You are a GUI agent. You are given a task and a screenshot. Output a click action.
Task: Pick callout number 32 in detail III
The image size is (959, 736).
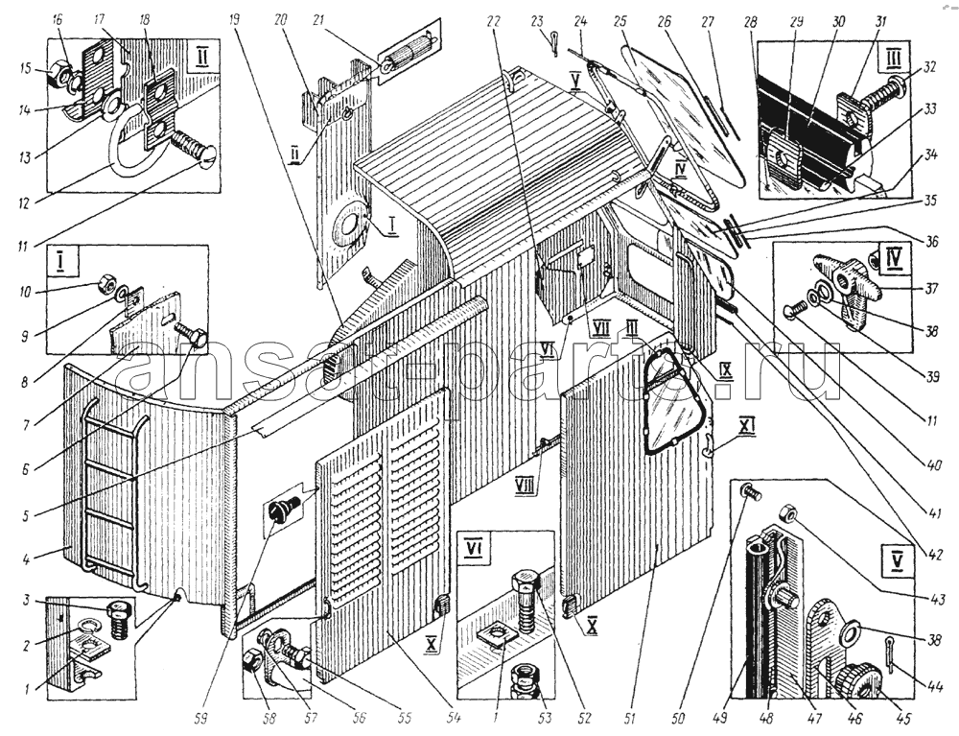click(928, 67)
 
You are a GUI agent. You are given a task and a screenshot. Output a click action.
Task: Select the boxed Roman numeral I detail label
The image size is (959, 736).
click(61, 262)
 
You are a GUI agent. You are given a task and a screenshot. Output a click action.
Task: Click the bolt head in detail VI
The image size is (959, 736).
click(526, 583)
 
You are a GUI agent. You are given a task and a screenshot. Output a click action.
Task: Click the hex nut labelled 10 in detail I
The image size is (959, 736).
click(108, 284)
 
